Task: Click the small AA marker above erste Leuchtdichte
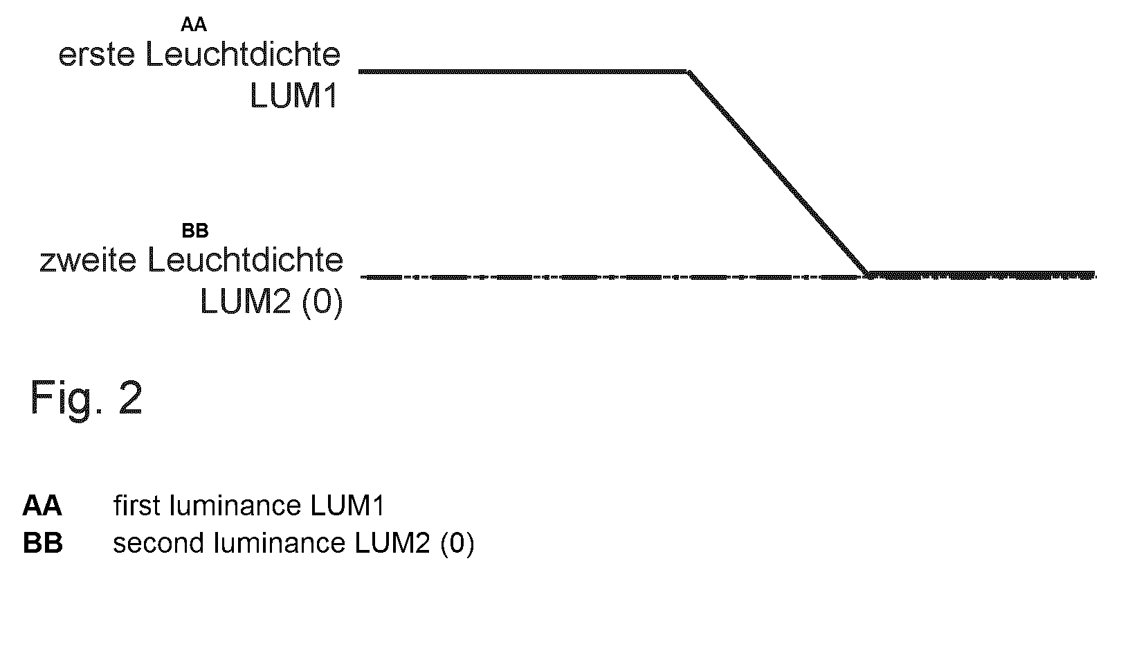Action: tap(193, 24)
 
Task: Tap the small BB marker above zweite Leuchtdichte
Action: tap(195, 231)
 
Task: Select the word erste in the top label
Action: tap(97, 55)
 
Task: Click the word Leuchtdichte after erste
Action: tap(243, 54)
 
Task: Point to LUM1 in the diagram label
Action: tap(294, 95)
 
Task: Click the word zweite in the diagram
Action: tap(88, 260)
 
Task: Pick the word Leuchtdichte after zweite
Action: tap(245, 260)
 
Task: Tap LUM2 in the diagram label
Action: tap(246, 301)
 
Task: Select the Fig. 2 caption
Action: tap(87, 398)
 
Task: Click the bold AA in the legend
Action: tap(42, 506)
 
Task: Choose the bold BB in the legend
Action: tap(43, 543)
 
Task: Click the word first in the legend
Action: tap(137, 506)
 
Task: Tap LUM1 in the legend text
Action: tap(347, 506)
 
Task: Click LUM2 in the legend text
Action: tap(392, 543)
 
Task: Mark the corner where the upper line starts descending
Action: tap(688, 72)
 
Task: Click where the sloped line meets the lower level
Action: tap(868, 274)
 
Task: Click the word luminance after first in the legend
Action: tap(235, 506)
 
